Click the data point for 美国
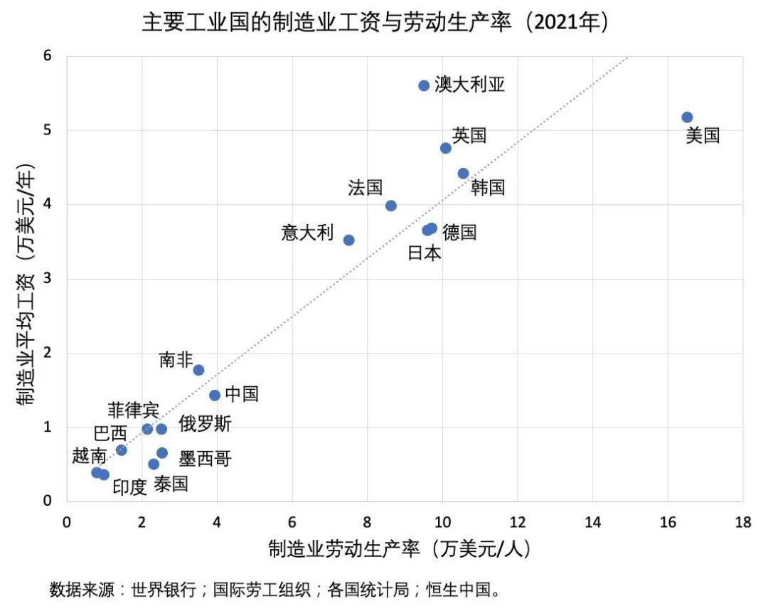click(687, 117)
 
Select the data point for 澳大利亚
click(424, 85)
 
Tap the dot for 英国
click(446, 148)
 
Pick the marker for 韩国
click(463, 174)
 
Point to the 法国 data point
click(390, 206)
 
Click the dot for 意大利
click(348, 240)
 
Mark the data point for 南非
click(198, 370)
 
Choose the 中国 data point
click(215, 395)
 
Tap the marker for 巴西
click(121, 450)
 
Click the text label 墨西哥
click(205, 459)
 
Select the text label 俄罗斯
click(205, 425)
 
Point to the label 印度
click(129, 487)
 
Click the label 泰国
click(171, 484)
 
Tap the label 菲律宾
click(134, 410)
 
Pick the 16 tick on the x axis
click(668, 523)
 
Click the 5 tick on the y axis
click(48, 130)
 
